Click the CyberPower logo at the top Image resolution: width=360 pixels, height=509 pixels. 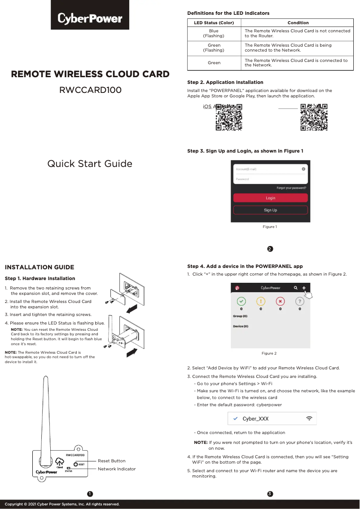[x=90, y=18]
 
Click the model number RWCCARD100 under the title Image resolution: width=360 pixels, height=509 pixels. [x=90, y=90]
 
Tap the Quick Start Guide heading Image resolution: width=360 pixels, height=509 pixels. [x=90, y=163]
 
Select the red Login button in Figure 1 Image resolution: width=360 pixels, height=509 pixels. [x=270, y=198]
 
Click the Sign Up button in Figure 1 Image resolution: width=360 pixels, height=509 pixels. [x=270, y=210]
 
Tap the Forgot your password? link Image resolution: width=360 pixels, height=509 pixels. [x=291, y=188]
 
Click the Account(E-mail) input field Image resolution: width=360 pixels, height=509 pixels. [x=267, y=169]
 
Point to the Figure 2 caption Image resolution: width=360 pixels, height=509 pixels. [x=269, y=354]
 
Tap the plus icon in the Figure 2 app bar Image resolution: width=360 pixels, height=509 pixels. [x=303, y=288]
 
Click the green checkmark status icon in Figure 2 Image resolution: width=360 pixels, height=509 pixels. [x=241, y=301]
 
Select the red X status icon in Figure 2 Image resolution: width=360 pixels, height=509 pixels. [x=280, y=301]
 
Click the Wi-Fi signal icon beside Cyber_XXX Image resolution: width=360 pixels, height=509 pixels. [x=309, y=418]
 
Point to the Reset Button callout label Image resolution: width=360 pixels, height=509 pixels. [x=112, y=461]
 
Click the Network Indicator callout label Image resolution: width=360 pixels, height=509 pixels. [x=117, y=469]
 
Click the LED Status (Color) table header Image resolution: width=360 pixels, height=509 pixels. [x=214, y=23]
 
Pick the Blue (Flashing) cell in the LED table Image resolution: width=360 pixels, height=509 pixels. [x=214, y=33]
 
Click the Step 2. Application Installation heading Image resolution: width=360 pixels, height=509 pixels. [x=225, y=83]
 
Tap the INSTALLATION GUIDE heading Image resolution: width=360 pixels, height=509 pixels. [x=39, y=268]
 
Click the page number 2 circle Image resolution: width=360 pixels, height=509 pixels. [x=270, y=249]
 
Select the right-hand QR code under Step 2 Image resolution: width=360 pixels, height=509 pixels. [x=314, y=117]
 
